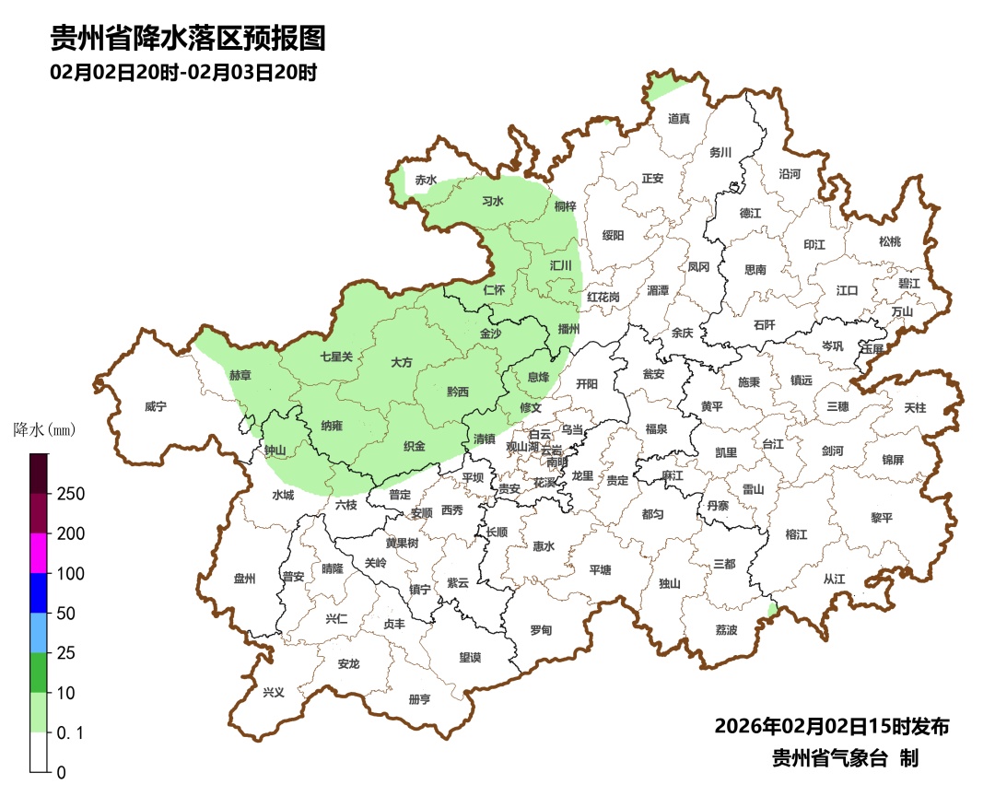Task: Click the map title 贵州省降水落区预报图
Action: pos(188,39)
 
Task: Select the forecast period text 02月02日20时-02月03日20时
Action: pos(184,72)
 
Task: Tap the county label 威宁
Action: pos(156,406)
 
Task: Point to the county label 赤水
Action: pos(425,181)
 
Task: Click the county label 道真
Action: pos(678,118)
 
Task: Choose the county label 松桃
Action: pos(889,241)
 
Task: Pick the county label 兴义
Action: pos(274,692)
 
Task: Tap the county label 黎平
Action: pos(882,518)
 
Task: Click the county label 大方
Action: pos(402,363)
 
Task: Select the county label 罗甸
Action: pos(541,630)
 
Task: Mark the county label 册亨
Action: pos(419,699)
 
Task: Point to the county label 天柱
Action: pos(915,406)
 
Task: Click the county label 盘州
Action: pos(244,579)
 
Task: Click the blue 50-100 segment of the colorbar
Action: pos(39,592)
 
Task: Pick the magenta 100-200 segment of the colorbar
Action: pos(39,553)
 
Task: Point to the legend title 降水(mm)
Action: pos(43,430)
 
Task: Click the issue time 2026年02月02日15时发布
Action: pos(831,726)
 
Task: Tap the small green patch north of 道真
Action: pos(664,88)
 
